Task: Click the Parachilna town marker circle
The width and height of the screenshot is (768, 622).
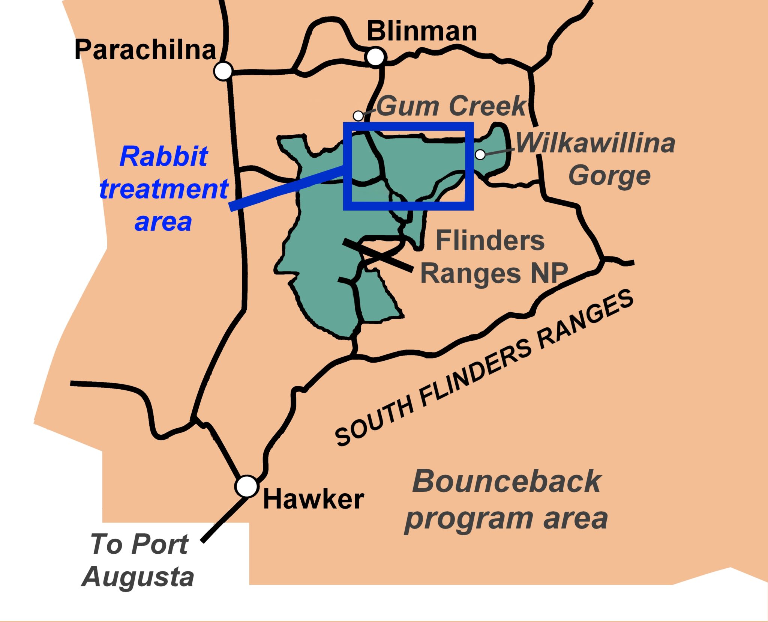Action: pyautogui.click(x=223, y=71)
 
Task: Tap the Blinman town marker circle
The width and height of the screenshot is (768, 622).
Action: pyautogui.click(x=375, y=57)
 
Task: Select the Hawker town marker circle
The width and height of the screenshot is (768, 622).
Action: pyautogui.click(x=247, y=486)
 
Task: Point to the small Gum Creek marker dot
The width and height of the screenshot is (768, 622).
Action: pyautogui.click(x=358, y=116)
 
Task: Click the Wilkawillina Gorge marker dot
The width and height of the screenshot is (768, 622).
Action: pyautogui.click(x=480, y=154)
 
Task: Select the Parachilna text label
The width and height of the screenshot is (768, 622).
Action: pyautogui.click(x=145, y=50)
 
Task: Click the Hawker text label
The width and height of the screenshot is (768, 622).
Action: pyautogui.click(x=313, y=499)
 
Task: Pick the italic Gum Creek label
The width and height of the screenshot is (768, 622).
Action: pyautogui.click(x=451, y=106)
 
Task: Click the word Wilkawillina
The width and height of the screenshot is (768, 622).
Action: pyautogui.click(x=595, y=143)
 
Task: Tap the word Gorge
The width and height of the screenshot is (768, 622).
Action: pyautogui.click(x=609, y=176)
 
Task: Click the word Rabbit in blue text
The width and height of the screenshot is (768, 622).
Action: pyautogui.click(x=163, y=157)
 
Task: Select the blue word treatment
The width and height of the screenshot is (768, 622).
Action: pyautogui.click(x=164, y=189)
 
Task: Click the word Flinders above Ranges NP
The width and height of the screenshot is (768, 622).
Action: pyautogui.click(x=490, y=241)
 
